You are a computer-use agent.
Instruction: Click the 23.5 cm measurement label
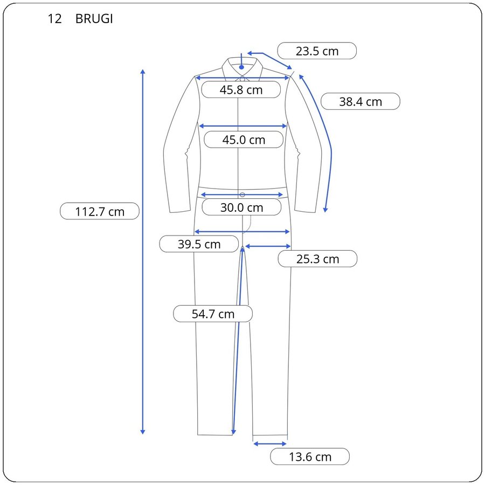click(x=317, y=51)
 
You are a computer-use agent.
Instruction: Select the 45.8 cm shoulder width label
click(x=241, y=89)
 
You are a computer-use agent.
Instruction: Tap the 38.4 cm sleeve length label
click(x=361, y=101)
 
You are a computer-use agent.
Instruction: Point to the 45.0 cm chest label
click(x=244, y=140)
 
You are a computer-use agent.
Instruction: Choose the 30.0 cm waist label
click(x=241, y=207)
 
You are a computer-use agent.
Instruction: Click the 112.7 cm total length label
click(x=100, y=212)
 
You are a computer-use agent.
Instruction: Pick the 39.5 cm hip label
click(x=199, y=244)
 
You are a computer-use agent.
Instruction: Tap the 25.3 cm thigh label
click(x=317, y=259)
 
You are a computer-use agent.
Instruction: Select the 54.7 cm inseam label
click(x=213, y=314)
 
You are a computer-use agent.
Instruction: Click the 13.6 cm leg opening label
click(x=310, y=456)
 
